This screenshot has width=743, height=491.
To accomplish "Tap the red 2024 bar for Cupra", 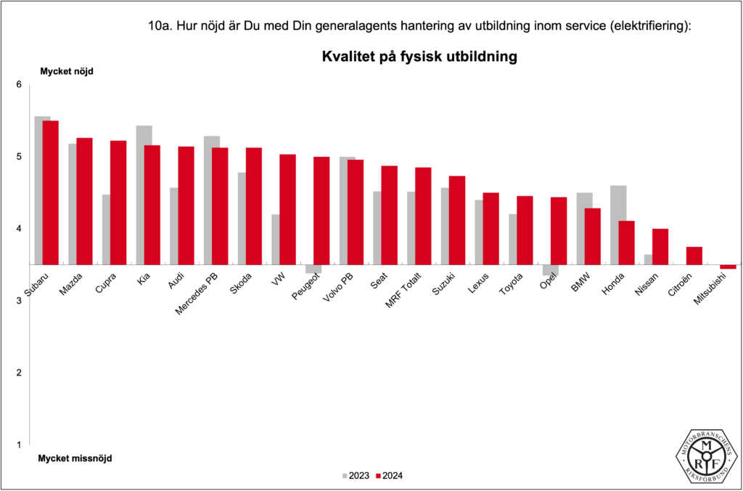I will pos(118,203).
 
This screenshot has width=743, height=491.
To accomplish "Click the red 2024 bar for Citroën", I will pos(694,256).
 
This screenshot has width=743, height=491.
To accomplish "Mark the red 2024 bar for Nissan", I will pos(660,247).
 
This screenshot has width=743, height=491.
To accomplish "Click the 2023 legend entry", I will pos(355,476).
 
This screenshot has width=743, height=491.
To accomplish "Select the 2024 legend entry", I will pos(389,476).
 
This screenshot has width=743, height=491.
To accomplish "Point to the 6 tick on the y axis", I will pos(20,85).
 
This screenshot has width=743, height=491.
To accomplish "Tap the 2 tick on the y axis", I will pos(20,373).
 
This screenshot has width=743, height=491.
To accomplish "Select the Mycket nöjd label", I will pos(67,71).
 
